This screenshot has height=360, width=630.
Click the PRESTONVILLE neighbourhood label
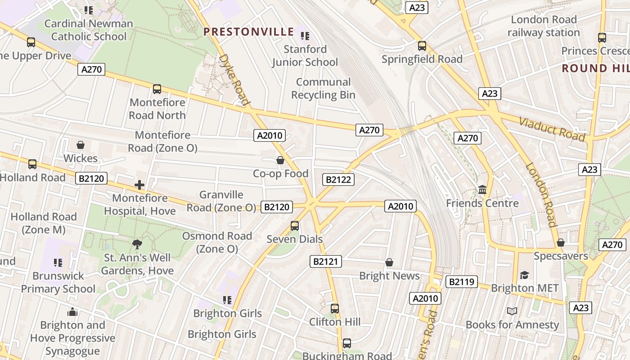pyautogui.click(x=248, y=32)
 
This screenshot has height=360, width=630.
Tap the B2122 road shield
pyautogui.click(x=338, y=180)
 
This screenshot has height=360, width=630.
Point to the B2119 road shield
pyautogui.click(x=461, y=282)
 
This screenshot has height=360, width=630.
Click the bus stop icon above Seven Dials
pyautogui.click(x=295, y=225)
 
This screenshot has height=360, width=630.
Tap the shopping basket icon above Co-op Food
pyautogui.click(x=280, y=160)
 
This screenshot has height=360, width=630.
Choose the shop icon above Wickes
pyautogui.click(x=81, y=145)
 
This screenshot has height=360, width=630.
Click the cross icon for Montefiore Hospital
pyautogui.click(x=139, y=184)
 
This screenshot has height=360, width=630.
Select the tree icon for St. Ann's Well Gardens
pyautogui.click(x=137, y=244)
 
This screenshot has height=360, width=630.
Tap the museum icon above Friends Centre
pyautogui.click(x=482, y=190)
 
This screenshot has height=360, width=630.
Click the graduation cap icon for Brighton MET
pyautogui.click(x=524, y=275)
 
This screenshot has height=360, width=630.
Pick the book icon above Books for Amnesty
pyautogui.click(x=512, y=311)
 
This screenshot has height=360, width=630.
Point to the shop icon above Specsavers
pyautogui.click(x=560, y=243)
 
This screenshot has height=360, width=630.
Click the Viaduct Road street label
pyautogui.click(x=552, y=129)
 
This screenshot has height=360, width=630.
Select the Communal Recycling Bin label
pyautogui.click(x=323, y=89)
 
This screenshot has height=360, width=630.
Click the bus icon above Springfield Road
pyautogui.click(x=422, y=46)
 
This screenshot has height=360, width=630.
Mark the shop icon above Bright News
pyautogui.click(x=389, y=262)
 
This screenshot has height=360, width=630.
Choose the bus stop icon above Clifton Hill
pyautogui.click(x=334, y=309)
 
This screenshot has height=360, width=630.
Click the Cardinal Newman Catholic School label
pyautogui.click(x=89, y=30)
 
